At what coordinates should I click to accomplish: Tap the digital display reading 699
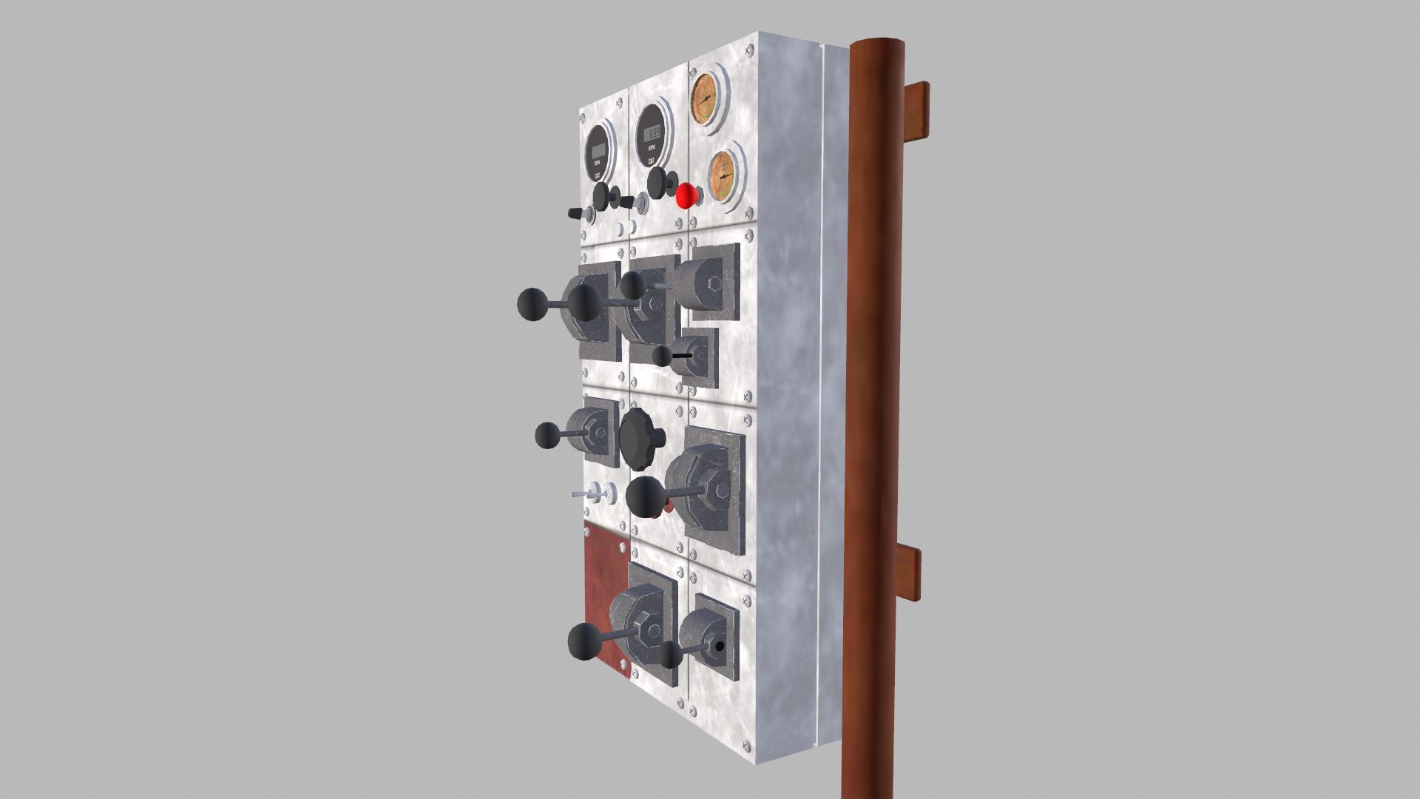654,134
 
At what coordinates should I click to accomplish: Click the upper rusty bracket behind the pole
917,111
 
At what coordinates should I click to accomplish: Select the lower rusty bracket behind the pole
911,575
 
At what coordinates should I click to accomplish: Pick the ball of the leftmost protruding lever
531,304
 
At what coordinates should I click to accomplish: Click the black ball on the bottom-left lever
584,641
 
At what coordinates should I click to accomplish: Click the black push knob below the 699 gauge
657,180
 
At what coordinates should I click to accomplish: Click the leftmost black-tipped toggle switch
575,213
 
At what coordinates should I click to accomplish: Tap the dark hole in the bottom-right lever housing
719,646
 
